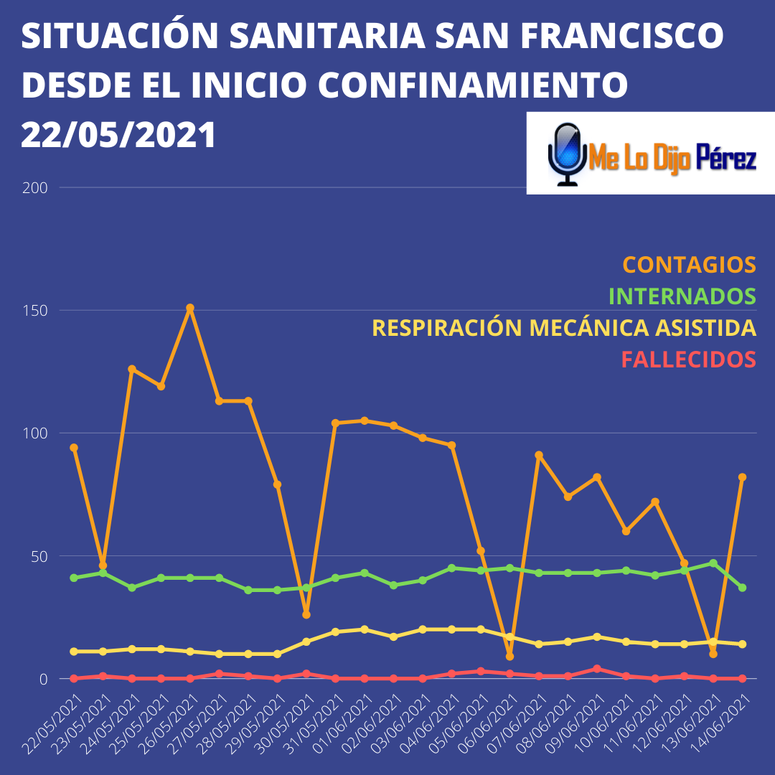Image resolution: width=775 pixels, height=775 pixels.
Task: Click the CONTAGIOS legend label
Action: (x=689, y=264)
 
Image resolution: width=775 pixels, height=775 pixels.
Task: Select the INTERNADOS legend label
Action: (x=682, y=296)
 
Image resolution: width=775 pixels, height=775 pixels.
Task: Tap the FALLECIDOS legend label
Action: (x=688, y=359)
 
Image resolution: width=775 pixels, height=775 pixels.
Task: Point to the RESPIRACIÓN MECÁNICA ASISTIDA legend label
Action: (x=563, y=328)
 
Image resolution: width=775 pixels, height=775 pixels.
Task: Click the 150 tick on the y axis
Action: (x=38, y=311)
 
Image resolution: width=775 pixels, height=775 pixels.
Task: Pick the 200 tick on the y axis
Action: (x=38, y=188)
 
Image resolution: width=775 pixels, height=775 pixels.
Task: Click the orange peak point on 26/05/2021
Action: (x=190, y=308)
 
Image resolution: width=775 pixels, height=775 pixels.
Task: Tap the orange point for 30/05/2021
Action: (x=306, y=614)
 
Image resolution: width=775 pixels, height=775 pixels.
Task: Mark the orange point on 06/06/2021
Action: (x=509, y=656)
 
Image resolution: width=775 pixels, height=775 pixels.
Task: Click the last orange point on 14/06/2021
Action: (x=742, y=477)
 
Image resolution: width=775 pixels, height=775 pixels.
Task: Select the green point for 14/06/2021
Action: (x=742, y=588)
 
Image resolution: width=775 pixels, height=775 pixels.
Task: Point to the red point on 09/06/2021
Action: (x=597, y=669)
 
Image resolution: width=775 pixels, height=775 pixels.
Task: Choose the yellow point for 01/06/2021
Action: (x=365, y=629)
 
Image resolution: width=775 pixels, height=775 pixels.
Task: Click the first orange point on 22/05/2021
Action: (x=74, y=448)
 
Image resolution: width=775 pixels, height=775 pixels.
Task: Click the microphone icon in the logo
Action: (x=568, y=153)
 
